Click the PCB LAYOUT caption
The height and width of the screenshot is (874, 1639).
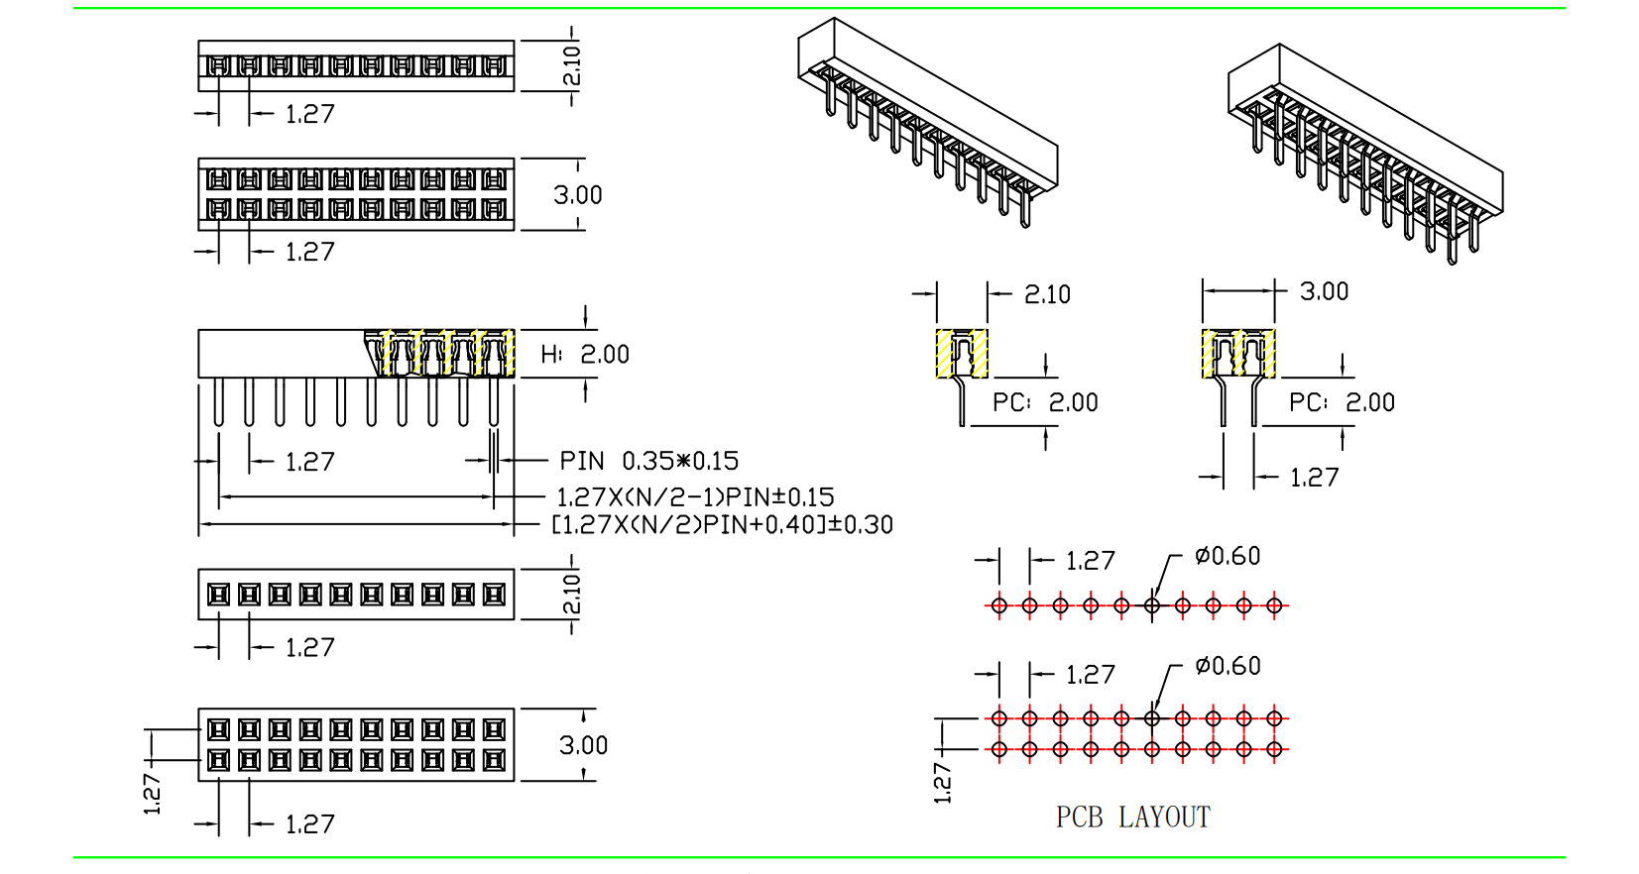[x=1132, y=818]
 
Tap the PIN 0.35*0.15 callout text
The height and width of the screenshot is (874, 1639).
[x=648, y=461]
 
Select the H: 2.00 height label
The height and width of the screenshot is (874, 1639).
[x=585, y=355]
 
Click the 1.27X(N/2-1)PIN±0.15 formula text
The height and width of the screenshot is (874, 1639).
[x=695, y=496]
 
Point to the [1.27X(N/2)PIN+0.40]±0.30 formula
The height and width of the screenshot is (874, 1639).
[x=722, y=524]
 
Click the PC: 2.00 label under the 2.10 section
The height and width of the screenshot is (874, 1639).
[x=1045, y=402]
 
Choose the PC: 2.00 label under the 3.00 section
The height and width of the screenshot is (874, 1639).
[x=1342, y=402]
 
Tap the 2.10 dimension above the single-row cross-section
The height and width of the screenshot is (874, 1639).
[x=1047, y=294]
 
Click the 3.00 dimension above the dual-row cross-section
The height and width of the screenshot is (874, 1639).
[x=1324, y=291]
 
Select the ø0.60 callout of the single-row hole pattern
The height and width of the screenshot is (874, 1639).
[x=1228, y=556]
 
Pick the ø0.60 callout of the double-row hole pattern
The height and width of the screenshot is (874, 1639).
[x=1228, y=666]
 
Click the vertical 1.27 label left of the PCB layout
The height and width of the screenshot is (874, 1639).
[x=942, y=782]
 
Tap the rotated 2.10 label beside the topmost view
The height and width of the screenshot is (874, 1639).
[x=572, y=66]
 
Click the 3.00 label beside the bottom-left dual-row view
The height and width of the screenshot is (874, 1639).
[x=583, y=745]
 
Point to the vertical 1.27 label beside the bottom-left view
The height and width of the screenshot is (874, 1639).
[x=153, y=795]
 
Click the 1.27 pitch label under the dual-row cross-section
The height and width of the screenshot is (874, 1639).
[x=1314, y=478]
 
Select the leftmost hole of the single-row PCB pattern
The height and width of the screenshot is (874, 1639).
[x=998, y=605]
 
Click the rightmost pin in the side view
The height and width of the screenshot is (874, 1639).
[x=494, y=402]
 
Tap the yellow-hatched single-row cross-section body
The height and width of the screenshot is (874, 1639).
[x=962, y=353]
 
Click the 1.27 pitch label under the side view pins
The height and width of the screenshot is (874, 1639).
[x=309, y=462]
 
